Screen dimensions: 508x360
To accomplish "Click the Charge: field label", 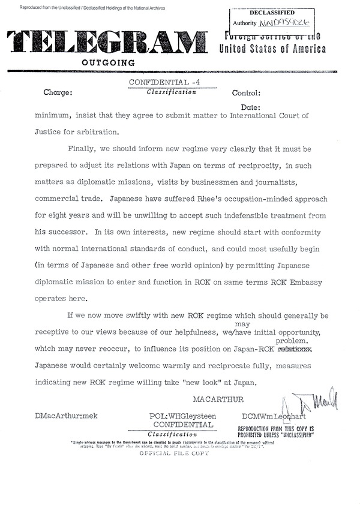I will (x=58, y=94).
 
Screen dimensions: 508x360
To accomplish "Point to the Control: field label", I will (x=246, y=94).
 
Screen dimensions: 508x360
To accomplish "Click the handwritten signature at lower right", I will (x=311, y=401).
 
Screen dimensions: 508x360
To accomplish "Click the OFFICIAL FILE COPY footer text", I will (x=174, y=454).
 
